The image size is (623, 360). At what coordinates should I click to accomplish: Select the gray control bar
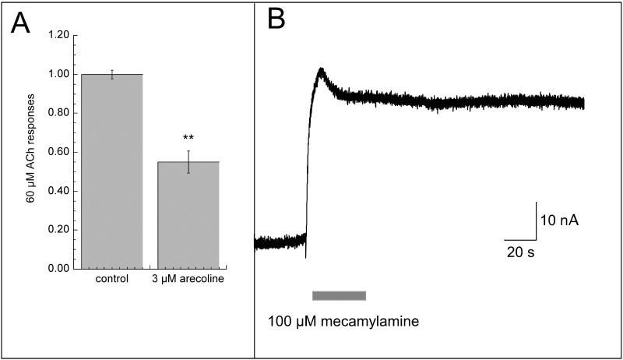tap(111, 171)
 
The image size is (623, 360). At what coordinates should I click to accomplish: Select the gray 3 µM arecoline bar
tap(189, 215)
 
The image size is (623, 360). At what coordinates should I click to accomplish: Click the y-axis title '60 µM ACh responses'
tap(32, 150)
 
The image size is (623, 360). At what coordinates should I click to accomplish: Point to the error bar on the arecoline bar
tap(189, 161)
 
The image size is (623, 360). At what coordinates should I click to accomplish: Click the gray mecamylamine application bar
tap(339, 295)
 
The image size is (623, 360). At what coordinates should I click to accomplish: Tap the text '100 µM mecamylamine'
tap(343, 321)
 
